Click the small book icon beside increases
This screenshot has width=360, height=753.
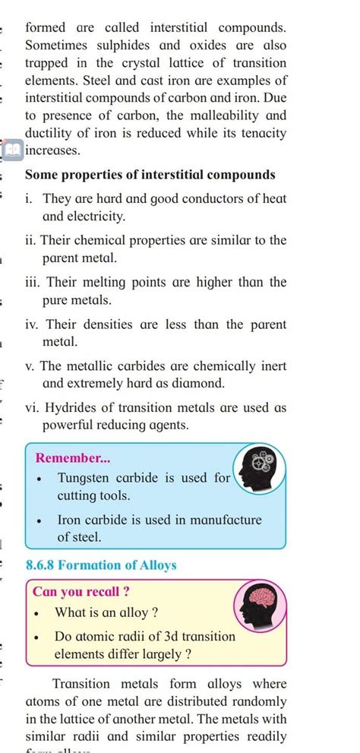[x=13, y=150]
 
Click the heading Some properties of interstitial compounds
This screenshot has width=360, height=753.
[x=150, y=175]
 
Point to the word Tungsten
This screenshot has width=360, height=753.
[x=85, y=479]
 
